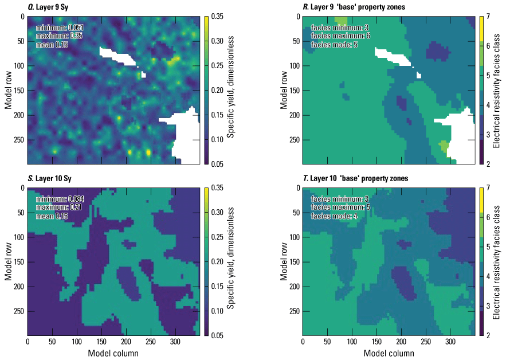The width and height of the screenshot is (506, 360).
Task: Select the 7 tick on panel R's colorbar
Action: [x=489, y=16]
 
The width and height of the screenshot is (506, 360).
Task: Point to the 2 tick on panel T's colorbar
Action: [x=489, y=335]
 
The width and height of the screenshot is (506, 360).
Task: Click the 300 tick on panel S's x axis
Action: [x=175, y=342]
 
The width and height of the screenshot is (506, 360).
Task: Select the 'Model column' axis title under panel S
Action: [x=113, y=353]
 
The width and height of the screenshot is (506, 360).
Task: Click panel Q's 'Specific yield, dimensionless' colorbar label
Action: [x=230, y=90]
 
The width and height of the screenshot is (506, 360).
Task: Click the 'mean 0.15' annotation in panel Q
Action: [x=52, y=45]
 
